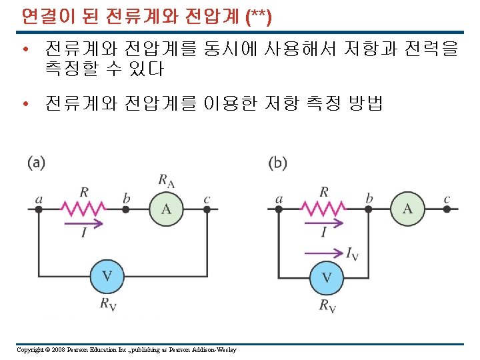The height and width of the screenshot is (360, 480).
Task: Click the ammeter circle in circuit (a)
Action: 166,209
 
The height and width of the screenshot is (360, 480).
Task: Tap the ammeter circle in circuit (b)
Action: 407,209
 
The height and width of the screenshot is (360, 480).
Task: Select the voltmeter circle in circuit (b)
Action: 327,276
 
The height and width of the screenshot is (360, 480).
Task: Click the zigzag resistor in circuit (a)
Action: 83,209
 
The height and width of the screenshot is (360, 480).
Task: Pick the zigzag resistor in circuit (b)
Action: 324,209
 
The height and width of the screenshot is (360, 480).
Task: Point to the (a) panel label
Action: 37,163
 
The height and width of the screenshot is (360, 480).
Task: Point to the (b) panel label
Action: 277,163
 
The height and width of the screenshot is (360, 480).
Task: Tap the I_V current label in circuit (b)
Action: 351,253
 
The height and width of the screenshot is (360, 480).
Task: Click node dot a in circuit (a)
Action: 39,209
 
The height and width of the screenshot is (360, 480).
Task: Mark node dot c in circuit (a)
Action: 207,209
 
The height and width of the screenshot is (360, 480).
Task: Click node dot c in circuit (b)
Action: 447,209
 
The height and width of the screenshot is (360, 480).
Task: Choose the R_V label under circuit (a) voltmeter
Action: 108,305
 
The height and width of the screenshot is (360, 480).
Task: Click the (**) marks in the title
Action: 258,16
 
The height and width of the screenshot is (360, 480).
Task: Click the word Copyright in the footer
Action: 30,350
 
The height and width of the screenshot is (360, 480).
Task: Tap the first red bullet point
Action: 25,49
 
